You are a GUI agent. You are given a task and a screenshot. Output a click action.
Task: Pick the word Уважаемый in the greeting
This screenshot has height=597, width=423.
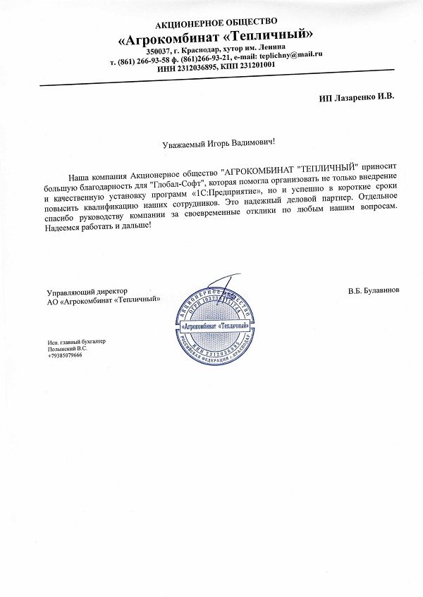(183, 142)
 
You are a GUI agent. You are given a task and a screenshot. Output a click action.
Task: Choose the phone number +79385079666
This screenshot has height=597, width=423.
(65, 356)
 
